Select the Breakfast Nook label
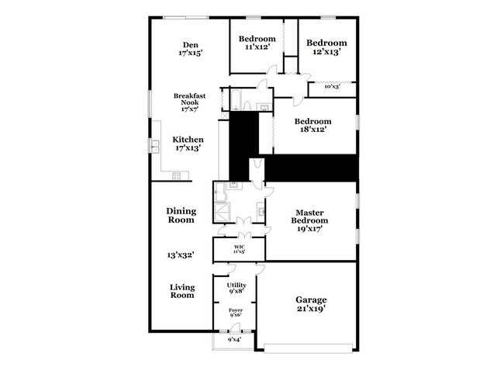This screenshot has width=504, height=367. pos(188,99)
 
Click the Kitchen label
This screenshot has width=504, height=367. pos(188,140)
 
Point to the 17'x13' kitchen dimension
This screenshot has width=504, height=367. pos(188,149)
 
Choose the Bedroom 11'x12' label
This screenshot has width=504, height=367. pos(257,39)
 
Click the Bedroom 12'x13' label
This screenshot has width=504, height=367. pos(325,43)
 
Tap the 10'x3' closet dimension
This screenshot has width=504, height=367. pos(333,86)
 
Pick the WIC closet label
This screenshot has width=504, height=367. pos(239,247)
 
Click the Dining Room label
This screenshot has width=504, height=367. pos(181,215)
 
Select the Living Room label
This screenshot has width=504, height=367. pos(181,290)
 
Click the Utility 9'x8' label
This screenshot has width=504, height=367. pos(236,285)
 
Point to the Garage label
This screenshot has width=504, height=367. pos(311,299)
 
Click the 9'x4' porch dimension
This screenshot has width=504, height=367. pos(235,339)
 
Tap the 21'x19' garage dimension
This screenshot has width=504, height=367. pos(311,309)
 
